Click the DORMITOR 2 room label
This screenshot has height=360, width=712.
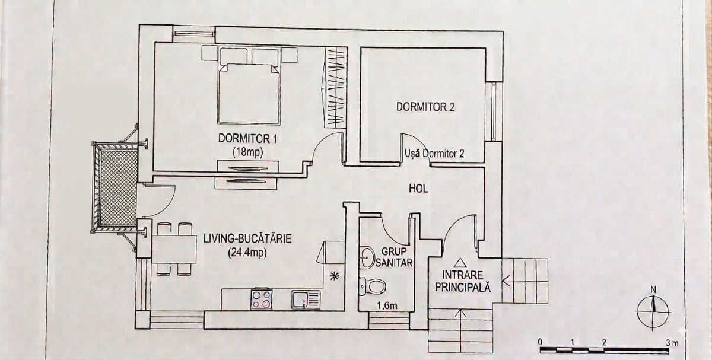coord(425,107)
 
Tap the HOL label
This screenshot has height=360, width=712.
coord(418,189)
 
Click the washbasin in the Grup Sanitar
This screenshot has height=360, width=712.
coord(367,257)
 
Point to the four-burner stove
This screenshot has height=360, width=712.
coord(261,299)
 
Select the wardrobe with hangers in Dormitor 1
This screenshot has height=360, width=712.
coord(335,88)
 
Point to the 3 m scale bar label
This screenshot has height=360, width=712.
coord(673,343)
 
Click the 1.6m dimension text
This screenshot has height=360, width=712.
coord(387,305)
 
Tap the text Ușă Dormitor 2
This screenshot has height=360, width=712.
coord(434,154)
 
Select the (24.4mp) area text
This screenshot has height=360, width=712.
coord(247,253)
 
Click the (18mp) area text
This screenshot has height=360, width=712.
coord(248,152)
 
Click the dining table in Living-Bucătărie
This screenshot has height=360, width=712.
coord(174,249)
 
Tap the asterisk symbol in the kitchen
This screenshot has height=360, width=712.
coord(334,276)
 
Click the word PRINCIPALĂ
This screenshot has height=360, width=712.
coord(463,288)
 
